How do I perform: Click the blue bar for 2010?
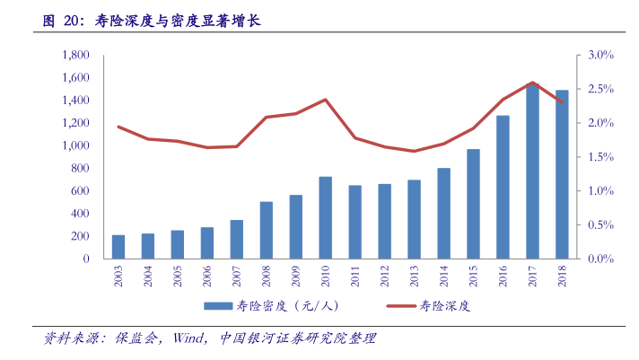(325, 218)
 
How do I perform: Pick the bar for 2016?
(503, 187)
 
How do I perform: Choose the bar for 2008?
(267, 231)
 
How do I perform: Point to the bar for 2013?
(414, 219)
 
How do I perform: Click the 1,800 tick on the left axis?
(76, 56)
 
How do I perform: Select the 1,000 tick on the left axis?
(76, 145)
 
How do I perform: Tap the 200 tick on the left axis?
(80, 236)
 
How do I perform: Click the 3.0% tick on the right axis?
(600, 56)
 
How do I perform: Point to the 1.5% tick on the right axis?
(600, 157)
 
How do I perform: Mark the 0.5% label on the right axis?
(600, 225)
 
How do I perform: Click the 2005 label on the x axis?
(178, 276)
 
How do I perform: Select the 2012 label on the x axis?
(384, 276)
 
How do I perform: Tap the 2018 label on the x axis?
(562, 276)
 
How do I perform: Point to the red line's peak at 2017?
(532, 83)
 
